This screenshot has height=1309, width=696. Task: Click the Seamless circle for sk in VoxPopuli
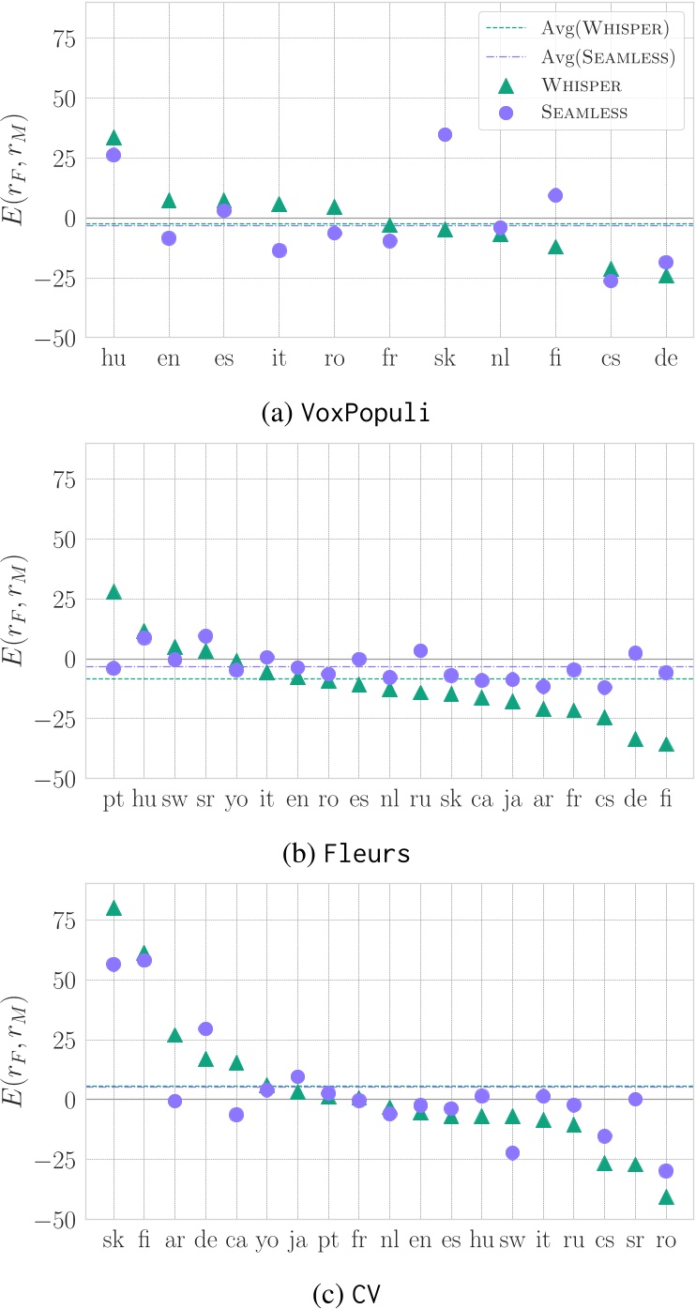pyautogui.click(x=445, y=134)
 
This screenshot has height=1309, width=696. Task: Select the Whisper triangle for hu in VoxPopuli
pyautogui.click(x=113, y=139)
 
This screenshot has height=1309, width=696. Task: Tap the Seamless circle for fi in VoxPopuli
pyautogui.click(x=555, y=195)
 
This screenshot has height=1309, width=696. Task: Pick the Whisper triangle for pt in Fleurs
pyautogui.click(x=113, y=592)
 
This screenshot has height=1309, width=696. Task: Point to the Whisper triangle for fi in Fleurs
pyautogui.click(x=666, y=744)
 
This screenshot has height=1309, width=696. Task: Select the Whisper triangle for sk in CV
pyautogui.click(x=113, y=908)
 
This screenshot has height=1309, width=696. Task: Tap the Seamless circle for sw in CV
pyautogui.click(x=512, y=1152)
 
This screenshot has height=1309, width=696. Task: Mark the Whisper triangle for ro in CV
pyautogui.click(x=666, y=1196)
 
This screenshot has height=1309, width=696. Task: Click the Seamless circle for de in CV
pyautogui.click(x=205, y=1028)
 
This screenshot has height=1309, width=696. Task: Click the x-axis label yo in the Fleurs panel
pyautogui.click(x=236, y=800)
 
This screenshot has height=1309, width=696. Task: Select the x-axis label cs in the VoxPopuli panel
pyautogui.click(x=611, y=359)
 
